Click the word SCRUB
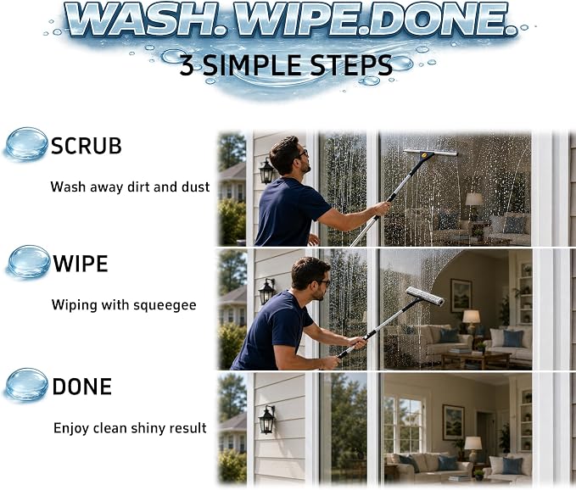pos(87,146)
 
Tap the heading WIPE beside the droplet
pos(81,264)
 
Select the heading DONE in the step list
pos(82,387)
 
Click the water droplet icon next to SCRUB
pos(26,143)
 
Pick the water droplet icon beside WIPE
pos(29,262)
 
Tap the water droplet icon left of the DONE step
pos(27,384)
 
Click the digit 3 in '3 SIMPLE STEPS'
pos(187,65)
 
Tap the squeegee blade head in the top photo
pos(430,153)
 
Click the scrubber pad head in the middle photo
pos(425,297)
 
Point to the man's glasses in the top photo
pos(303,153)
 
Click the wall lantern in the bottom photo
pos(267,420)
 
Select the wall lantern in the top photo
pos(266,170)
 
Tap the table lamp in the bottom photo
pos(473,448)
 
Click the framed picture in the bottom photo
pos(453,422)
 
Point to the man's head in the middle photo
pos(310,277)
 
